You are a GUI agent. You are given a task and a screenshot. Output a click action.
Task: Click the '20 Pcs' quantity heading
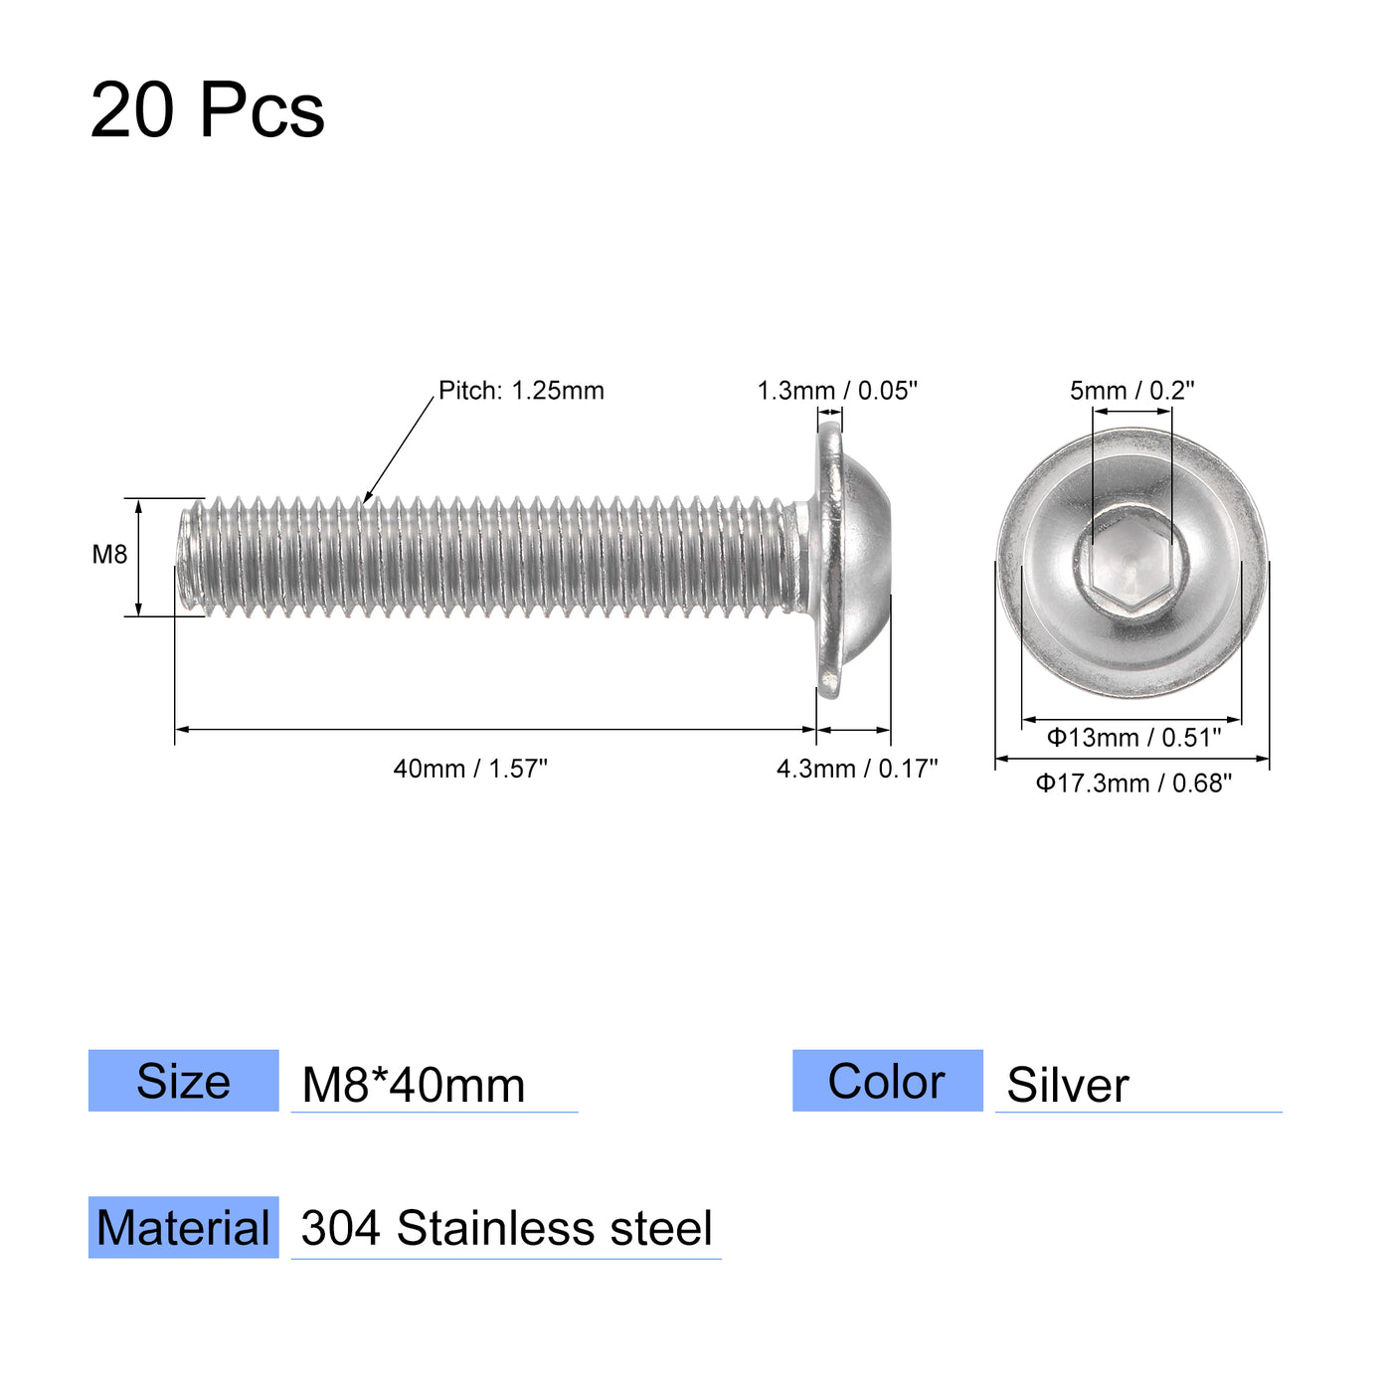pyautogui.click(x=207, y=109)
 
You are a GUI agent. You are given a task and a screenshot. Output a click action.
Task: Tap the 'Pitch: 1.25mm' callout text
pyautogui.click(x=521, y=391)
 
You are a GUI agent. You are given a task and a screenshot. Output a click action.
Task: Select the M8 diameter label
pyautogui.click(x=109, y=555)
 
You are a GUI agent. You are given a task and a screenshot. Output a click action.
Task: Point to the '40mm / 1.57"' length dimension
pyautogui.click(x=470, y=769)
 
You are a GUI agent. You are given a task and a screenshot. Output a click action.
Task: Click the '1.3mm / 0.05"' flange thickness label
pyautogui.click(x=837, y=391)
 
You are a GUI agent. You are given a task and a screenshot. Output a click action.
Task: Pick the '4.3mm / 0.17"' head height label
pyautogui.click(x=857, y=769)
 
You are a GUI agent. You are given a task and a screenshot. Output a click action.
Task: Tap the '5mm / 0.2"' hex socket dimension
pyautogui.click(x=1131, y=391)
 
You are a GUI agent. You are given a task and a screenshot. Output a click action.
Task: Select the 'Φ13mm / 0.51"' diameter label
pyautogui.click(x=1133, y=738)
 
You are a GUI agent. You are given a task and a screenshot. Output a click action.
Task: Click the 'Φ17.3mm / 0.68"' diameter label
pyautogui.click(x=1133, y=783)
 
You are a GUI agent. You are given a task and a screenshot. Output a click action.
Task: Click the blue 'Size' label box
pyautogui.click(x=184, y=1081)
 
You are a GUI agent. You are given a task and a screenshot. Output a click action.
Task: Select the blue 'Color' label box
pyautogui.click(x=887, y=1081)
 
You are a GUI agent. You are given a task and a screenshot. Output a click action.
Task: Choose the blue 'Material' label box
pyautogui.click(x=184, y=1228)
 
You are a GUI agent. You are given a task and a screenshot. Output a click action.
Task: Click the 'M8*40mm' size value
pyautogui.click(x=414, y=1085)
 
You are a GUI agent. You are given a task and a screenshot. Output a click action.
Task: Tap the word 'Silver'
pyautogui.click(x=1068, y=1085)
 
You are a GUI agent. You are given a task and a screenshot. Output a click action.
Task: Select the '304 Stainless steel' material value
pyautogui.click(x=506, y=1229)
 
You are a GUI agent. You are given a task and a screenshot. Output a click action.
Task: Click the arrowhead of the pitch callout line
pyautogui.click(x=366, y=500)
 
